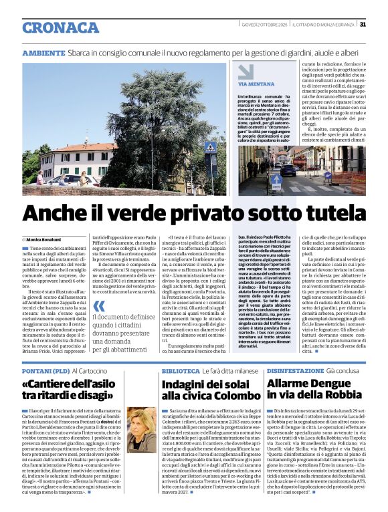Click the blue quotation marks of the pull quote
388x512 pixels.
click(98, 325)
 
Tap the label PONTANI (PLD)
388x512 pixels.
click(45, 370)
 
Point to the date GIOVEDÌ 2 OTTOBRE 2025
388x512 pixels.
click(265, 25)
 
